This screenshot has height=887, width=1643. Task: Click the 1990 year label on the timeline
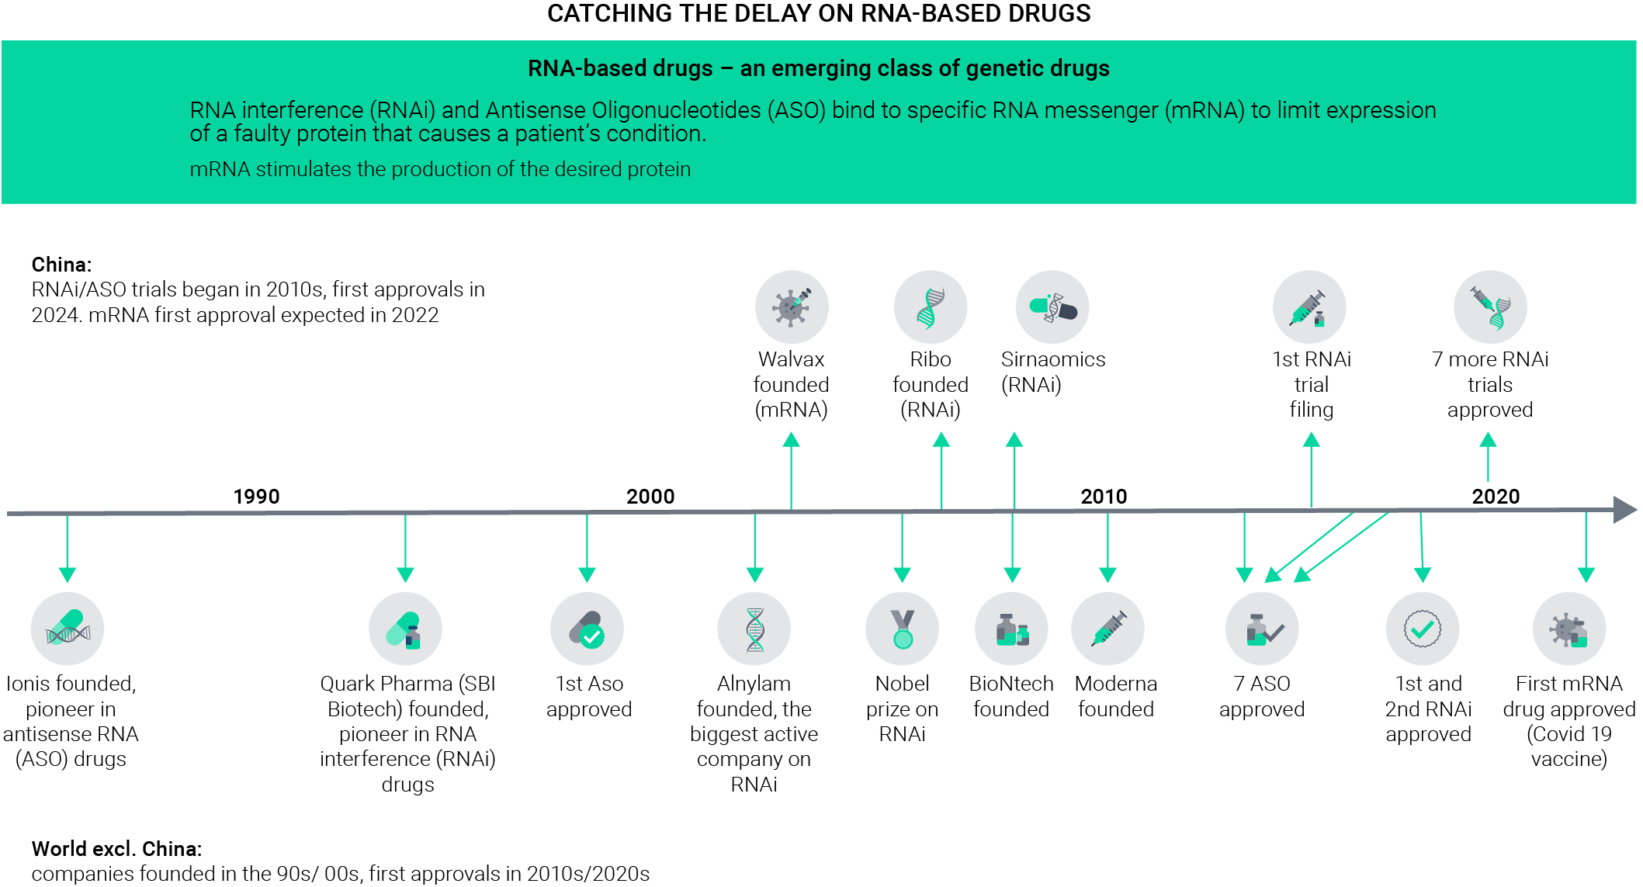tap(256, 496)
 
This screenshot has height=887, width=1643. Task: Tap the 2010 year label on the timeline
tap(1104, 496)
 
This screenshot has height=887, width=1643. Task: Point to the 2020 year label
tap(1496, 496)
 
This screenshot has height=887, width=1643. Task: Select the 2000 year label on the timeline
tap(650, 496)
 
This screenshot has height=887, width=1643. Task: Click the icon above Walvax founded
tap(792, 307)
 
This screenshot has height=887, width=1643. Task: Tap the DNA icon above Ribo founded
tap(931, 307)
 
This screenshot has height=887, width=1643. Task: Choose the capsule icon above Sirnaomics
tap(1052, 307)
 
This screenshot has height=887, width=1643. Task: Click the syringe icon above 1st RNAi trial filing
tap(1309, 307)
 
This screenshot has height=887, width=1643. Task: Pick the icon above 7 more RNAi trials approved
tap(1490, 307)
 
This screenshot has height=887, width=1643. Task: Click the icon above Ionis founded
tap(68, 629)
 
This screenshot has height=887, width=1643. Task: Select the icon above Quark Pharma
tap(405, 629)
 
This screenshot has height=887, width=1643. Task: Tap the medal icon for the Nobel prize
tap(902, 629)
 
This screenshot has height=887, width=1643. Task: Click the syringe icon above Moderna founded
tap(1107, 629)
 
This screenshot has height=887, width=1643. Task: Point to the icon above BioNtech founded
tap(1011, 629)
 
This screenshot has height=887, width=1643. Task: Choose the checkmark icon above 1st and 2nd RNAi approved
tap(1423, 629)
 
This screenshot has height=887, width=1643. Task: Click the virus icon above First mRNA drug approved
tap(1569, 629)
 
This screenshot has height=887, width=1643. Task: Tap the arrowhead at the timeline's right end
tap(1625, 510)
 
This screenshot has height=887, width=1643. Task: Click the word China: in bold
tap(61, 265)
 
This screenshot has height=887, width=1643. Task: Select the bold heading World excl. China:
tap(116, 848)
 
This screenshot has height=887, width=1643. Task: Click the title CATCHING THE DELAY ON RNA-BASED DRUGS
tap(819, 13)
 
